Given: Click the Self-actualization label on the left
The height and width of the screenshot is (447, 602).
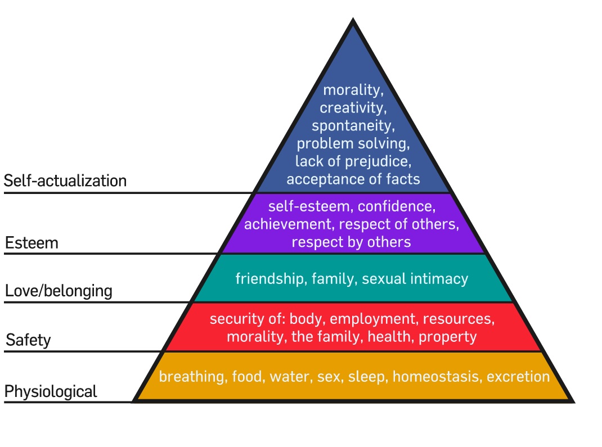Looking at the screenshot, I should pyautogui.click(x=65, y=181).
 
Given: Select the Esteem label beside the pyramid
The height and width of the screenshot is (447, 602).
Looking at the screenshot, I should pyautogui.click(x=32, y=243).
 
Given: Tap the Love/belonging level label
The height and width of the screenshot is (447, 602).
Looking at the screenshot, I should pyautogui.click(x=59, y=291).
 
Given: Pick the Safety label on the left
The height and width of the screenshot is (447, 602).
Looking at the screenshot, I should pyautogui.click(x=28, y=340).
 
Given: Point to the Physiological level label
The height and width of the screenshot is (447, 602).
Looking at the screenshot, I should pyautogui.click(x=51, y=391).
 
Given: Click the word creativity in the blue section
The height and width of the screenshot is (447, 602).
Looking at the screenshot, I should pyautogui.click(x=353, y=107).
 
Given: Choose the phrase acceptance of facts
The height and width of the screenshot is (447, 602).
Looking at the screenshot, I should pyautogui.click(x=353, y=179).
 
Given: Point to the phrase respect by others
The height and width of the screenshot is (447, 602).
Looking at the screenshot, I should pyautogui.click(x=351, y=242).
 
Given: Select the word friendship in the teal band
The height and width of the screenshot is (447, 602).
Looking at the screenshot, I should pyautogui.click(x=269, y=278).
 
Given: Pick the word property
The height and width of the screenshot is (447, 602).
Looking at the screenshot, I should pyautogui.click(x=447, y=337).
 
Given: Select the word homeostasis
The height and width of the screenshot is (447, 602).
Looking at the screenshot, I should pyautogui.click(x=437, y=376).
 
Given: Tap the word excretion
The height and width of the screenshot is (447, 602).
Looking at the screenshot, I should pyautogui.click(x=518, y=376).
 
